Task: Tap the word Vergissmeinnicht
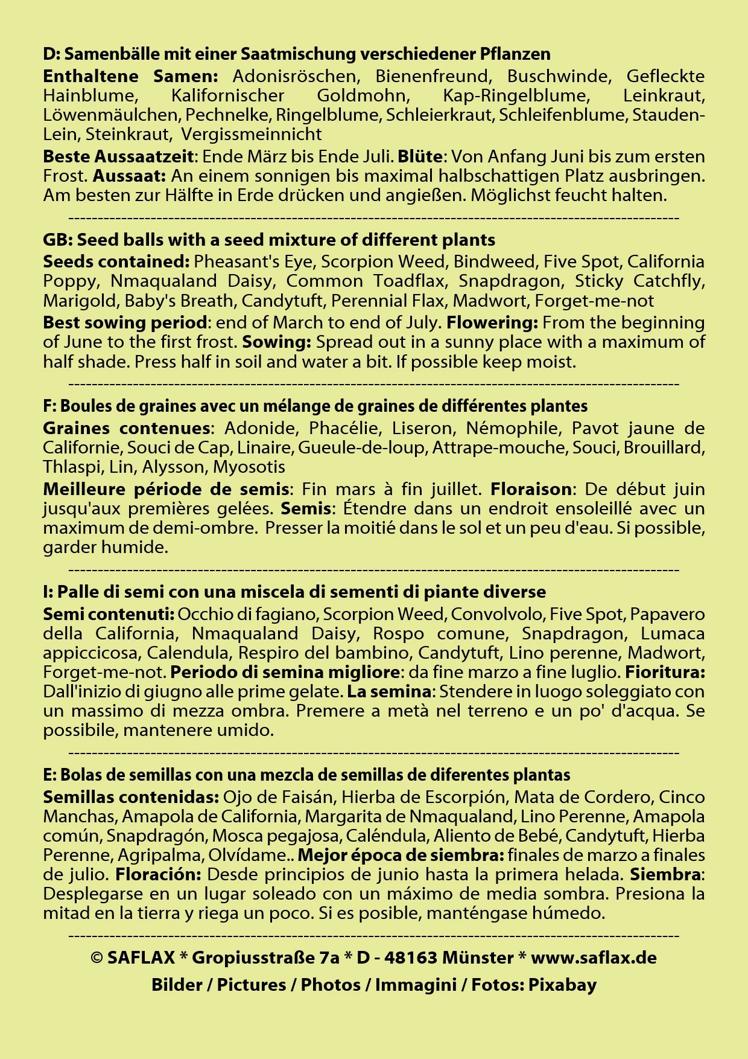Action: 252,134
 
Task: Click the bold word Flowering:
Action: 492,322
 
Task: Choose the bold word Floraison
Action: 531,488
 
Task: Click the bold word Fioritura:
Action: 665,672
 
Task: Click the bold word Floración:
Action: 159,874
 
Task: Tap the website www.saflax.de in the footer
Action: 594,958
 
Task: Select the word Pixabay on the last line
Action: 562,985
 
